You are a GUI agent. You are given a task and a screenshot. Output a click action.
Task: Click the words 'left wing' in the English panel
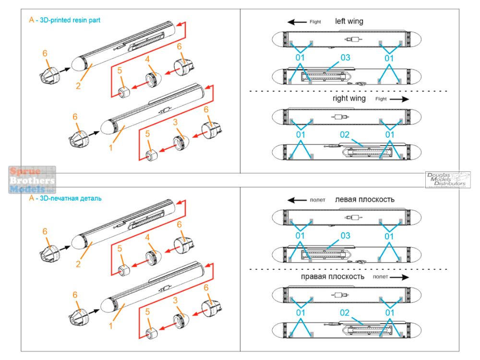point(349,22)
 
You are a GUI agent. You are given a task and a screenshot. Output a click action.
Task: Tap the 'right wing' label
point(349,98)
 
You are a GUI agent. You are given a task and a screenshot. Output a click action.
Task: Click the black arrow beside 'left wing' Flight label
point(297,22)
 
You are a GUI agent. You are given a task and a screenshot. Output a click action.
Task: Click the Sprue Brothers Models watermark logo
point(32,180)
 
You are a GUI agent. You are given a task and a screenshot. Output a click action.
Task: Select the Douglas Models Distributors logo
point(448,180)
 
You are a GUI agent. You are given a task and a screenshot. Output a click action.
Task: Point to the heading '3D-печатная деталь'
point(71,198)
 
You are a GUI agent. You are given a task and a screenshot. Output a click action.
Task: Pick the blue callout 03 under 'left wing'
point(345,58)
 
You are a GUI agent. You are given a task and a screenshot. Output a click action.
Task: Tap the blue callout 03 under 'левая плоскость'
point(345,236)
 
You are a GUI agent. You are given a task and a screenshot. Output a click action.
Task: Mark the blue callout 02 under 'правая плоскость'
point(345,313)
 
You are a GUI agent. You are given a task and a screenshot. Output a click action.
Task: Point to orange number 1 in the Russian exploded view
point(110,325)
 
